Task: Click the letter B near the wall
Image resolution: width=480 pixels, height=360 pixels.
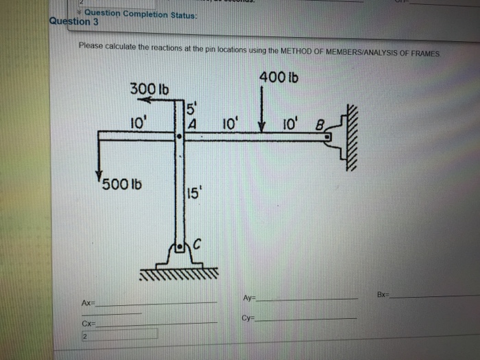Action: coord(317,125)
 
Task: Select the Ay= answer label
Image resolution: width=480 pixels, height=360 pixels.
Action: coord(250,298)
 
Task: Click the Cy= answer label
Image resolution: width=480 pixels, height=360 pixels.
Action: coord(250,318)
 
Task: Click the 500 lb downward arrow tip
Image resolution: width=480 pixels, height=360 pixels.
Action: coord(100,176)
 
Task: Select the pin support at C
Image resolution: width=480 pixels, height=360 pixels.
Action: coord(180,257)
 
